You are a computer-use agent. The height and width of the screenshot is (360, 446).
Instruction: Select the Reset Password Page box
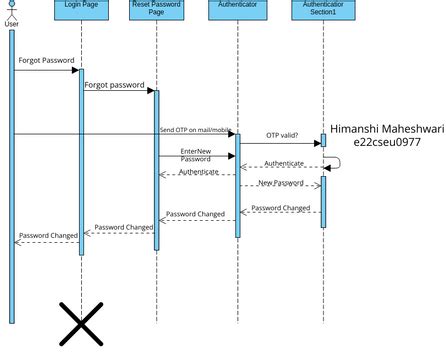click(158, 9)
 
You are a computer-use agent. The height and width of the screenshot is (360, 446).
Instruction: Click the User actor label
click(12, 25)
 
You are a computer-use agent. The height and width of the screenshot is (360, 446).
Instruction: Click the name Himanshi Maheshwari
click(387, 128)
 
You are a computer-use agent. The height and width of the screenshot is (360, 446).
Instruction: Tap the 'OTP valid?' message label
click(282, 135)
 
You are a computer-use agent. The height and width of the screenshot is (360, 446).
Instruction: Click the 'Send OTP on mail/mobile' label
click(195, 130)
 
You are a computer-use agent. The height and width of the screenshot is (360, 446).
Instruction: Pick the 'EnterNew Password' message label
click(195, 155)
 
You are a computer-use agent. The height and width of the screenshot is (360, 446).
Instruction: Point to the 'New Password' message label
click(281, 183)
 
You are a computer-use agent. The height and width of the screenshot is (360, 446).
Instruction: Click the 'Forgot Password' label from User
click(46, 61)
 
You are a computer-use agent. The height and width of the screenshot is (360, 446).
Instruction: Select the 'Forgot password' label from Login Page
click(114, 85)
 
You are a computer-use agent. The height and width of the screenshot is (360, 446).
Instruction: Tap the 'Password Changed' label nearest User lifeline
click(48, 235)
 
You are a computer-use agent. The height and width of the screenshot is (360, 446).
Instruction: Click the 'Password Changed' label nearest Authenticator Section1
click(280, 208)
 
